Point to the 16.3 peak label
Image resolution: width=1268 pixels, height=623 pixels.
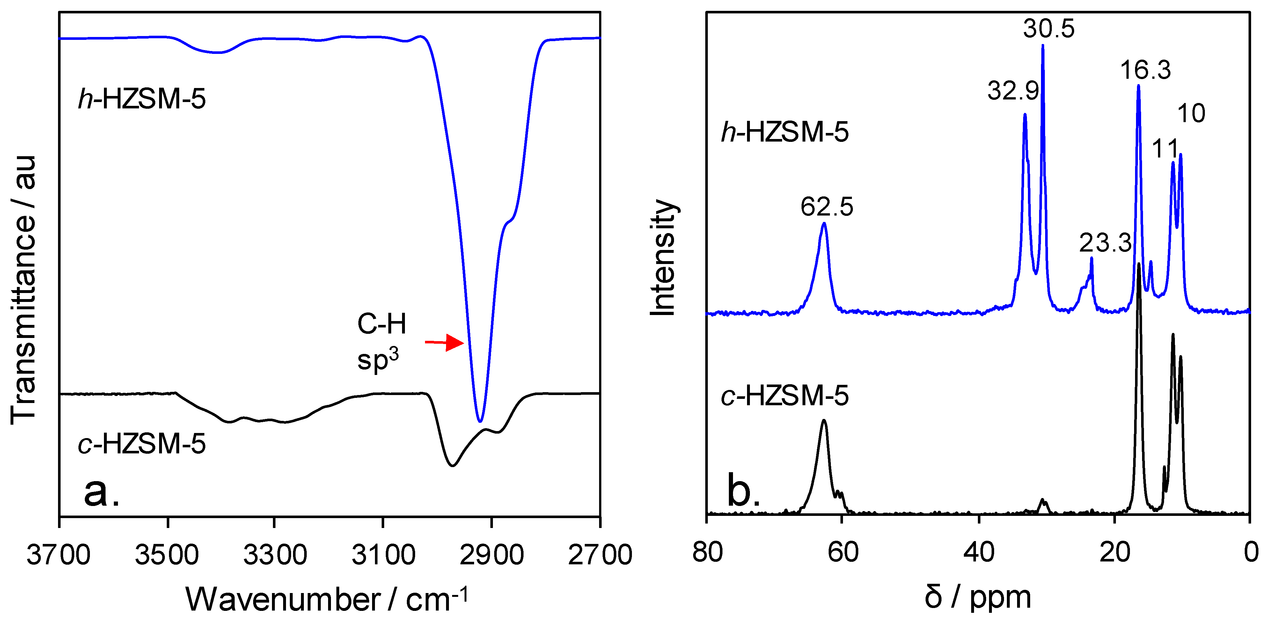tap(1146, 70)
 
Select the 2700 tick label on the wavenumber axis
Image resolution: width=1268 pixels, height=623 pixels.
tap(599, 554)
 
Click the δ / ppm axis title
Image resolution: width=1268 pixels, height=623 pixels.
tap(978, 597)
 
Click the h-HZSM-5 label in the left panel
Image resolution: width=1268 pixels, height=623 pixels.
tap(142, 99)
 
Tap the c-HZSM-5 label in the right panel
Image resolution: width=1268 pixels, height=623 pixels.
tap(785, 395)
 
